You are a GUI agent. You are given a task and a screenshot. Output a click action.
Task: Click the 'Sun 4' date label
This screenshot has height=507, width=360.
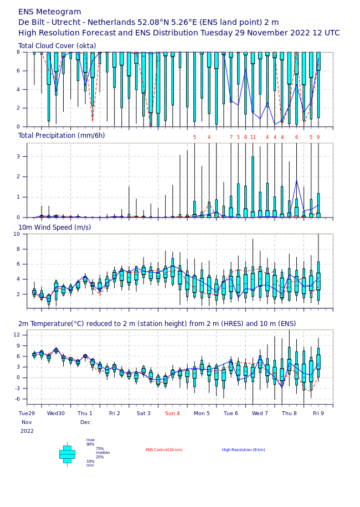coord(172,413)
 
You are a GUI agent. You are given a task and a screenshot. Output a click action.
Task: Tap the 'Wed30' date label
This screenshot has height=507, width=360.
coord(55,413)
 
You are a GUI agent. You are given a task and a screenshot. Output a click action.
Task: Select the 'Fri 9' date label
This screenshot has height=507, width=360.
coord(318,413)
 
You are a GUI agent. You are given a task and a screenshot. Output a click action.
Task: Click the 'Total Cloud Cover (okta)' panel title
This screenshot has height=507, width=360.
coord(57,46)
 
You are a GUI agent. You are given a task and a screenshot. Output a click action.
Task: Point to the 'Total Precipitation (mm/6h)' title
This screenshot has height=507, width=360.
coord(61,136)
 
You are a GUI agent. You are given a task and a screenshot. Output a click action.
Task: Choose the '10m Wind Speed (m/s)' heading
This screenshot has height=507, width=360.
coord(55,227)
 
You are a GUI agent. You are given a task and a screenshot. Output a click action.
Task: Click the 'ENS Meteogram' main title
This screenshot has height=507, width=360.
coord(50,12)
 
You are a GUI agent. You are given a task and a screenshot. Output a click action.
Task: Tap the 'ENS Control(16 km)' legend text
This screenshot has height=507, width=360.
coord(164,450)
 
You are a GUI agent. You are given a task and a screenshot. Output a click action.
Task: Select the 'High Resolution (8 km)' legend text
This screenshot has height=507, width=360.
coord(244,450)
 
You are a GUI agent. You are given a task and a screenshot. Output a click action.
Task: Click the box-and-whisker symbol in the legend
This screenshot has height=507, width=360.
coord(67,454)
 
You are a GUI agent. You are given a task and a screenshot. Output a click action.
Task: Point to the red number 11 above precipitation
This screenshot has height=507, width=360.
coord(253,137)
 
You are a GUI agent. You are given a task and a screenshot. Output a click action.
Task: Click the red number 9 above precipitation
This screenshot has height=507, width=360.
coord(318,137)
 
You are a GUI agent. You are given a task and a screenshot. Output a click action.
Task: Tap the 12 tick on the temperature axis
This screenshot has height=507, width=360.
coord(17,335)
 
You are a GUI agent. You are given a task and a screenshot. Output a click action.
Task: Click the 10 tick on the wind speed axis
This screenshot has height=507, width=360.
coord(17,234)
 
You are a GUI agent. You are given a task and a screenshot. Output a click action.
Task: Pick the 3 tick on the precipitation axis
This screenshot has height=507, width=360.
coord(18,157)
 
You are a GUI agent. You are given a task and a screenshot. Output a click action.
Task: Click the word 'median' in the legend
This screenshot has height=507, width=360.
coord(103,453)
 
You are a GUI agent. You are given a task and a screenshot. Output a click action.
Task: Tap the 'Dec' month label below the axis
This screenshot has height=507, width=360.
coord(85,422)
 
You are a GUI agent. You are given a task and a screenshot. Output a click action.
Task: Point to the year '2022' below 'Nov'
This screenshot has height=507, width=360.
coord(27,431)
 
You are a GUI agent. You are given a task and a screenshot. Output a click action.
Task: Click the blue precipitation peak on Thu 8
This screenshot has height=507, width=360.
coord(297,180)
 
